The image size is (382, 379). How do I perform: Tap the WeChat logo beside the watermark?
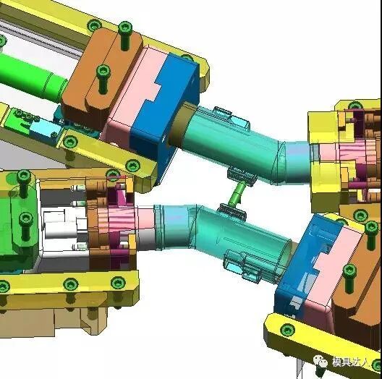(x=320, y=361)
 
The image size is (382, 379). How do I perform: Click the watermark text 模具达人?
(x=350, y=362)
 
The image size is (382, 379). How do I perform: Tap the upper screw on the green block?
(x=24, y=183)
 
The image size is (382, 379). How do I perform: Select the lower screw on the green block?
(x=25, y=226)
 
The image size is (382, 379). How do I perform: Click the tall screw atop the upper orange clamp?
(x=125, y=35)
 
